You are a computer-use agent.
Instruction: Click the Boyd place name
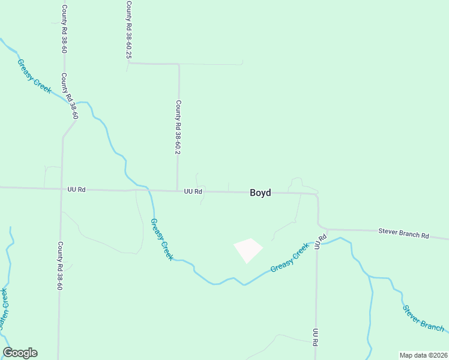click(260, 193)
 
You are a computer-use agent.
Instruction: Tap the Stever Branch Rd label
click(403, 233)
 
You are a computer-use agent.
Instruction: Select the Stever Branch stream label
click(423, 319)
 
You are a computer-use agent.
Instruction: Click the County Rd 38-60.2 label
click(178, 128)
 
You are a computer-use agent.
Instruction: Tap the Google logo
click(20, 352)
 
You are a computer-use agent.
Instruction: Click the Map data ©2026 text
click(423, 355)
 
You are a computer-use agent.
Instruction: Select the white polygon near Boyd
click(248, 250)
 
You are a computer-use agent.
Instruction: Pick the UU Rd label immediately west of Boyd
click(193, 191)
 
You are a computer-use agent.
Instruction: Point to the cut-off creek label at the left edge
click(4, 309)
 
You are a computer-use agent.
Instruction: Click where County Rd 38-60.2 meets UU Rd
click(177, 191)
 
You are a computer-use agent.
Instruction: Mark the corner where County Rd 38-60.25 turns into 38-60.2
click(178, 64)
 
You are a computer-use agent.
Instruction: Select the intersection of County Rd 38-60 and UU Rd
click(61, 189)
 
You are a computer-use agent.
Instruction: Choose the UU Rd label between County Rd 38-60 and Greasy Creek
click(77, 190)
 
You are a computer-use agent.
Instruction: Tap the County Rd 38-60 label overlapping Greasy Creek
click(70, 96)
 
